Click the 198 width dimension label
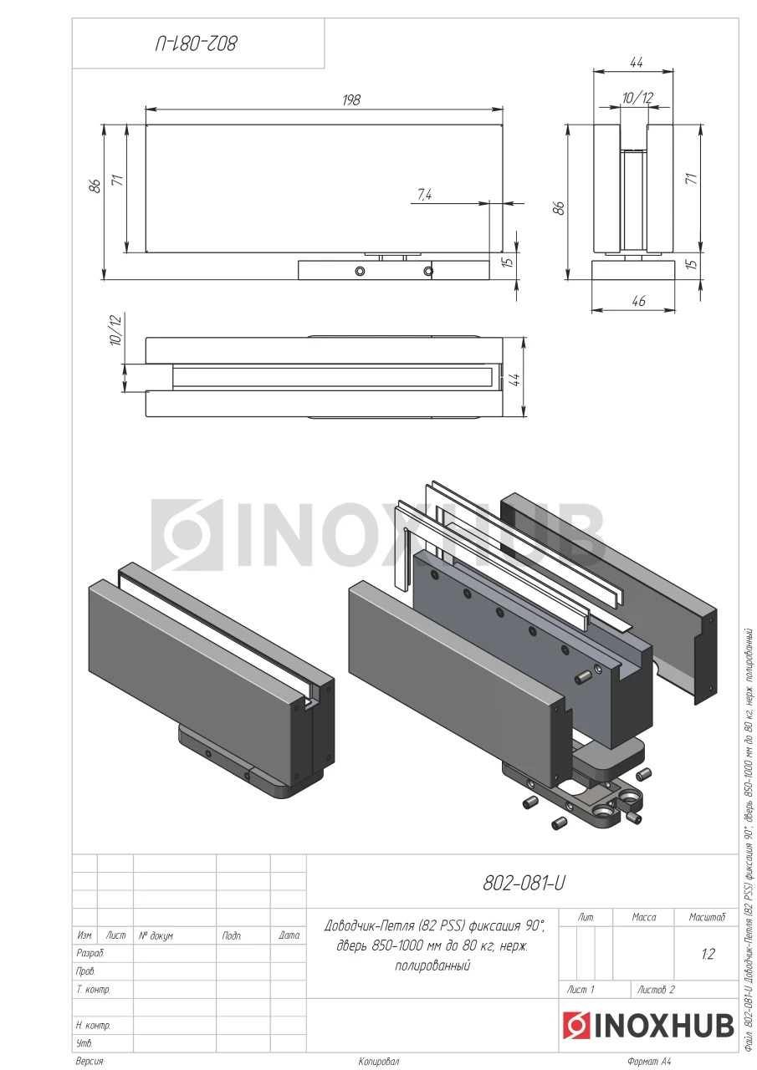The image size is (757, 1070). pos(351,99)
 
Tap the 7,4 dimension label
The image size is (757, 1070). pos(424,195)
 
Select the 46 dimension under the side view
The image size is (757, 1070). pos(638,301)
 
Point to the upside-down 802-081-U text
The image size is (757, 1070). pos(196,44)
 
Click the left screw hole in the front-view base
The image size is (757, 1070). pos(360,272)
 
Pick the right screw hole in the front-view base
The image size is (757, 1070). pos(428,272)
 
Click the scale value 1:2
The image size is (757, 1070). pos(708,954)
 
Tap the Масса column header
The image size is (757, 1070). pos(644,917)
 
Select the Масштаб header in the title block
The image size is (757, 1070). pos(707,917)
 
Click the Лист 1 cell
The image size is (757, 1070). pos(581,990)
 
